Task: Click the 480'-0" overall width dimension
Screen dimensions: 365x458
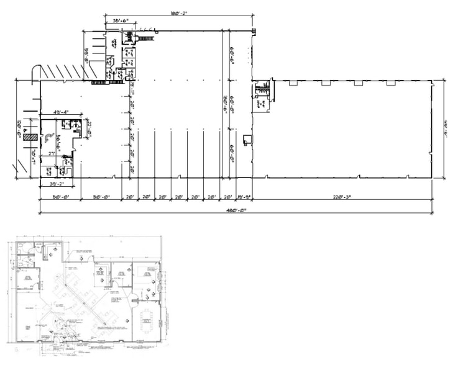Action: [x=236, y=210]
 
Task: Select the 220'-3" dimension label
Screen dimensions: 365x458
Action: [x=342, y=197]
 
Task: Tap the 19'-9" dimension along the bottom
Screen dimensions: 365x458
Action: [x=244, y=197]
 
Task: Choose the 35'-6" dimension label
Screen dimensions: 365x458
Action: [x=121, y=22]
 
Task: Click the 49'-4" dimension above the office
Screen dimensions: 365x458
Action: [x=60, y=112]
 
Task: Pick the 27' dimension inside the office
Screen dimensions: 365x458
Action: [x=53, y=153]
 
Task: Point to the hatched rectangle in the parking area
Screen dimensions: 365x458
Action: [x=29, y=137]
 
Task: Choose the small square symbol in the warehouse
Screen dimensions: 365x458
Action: [x=247, y=139]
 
